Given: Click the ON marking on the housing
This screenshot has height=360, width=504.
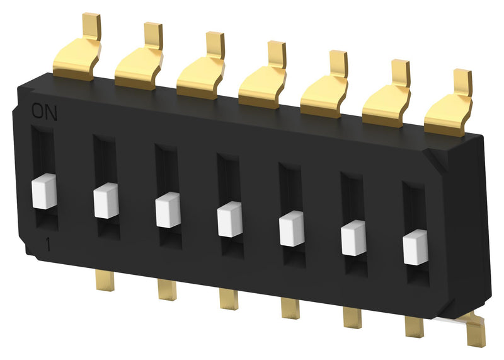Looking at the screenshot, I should (x=44, y=112).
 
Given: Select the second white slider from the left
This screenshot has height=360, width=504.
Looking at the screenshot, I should (x=106, y=200).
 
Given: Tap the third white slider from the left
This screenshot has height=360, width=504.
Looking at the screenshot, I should (x=168, y=210).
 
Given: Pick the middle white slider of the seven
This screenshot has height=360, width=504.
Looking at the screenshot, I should (x=229, y=219).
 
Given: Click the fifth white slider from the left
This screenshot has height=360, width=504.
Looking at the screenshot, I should (x=291, y=228).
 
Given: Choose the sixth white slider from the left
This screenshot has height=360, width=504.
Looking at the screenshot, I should (x=353, y=238).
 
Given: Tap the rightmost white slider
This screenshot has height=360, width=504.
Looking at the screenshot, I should (x=415, y=247).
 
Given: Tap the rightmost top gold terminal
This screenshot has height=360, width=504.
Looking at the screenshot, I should (x=449, y=111).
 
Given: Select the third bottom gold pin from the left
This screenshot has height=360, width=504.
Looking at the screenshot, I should (x=229, y=298).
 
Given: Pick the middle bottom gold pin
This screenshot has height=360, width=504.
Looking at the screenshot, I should (x=290, y=308).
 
